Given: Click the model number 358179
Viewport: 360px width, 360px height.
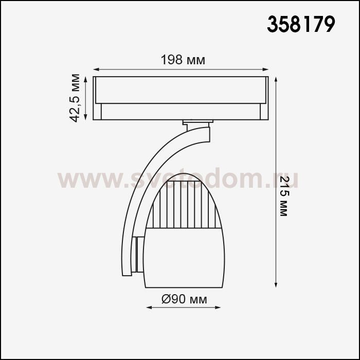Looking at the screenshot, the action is point(301,24).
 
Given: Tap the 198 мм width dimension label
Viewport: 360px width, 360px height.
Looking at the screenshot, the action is point(183,60).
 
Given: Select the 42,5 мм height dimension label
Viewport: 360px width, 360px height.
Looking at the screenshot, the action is point(75,98).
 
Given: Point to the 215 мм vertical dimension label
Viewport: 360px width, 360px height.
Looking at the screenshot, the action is point(284,196).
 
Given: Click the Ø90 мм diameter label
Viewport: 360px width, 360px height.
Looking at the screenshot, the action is point(184,299).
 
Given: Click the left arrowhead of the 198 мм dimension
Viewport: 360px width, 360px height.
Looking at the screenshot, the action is point(96,69).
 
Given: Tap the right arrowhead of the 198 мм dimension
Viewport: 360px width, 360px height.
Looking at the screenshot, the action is point(265,69).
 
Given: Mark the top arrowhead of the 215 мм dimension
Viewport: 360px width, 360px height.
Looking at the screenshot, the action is point(276,80).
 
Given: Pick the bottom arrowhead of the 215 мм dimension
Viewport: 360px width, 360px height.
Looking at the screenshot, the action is point(276,284).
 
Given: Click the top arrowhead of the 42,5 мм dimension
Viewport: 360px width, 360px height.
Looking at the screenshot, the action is point(86,80).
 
